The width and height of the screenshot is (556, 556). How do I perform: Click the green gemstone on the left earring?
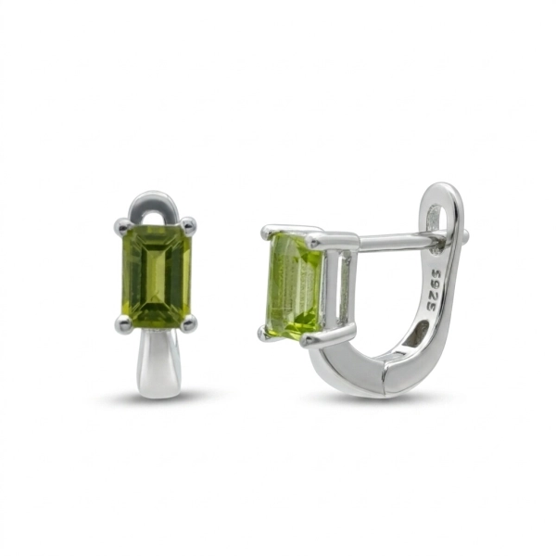(157, 276)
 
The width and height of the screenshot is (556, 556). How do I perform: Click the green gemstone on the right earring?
(297, 286)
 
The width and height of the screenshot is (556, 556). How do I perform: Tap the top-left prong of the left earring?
(120, 225)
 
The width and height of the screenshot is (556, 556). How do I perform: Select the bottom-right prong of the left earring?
(189, 322)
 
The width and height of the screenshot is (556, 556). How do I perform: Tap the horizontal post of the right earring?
(398, 242)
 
